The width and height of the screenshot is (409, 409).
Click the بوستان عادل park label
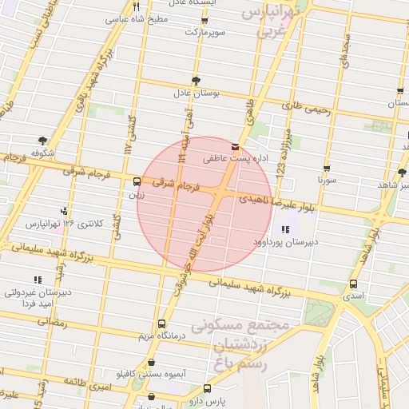[x=197, y=93]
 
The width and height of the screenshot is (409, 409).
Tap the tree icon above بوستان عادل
[x=197, y=80]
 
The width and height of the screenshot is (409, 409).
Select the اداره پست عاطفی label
[x=232, y=159]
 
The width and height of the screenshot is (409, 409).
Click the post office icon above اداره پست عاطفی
[x=234, y=147]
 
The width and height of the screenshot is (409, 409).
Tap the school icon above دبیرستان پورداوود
[x=285, y=229]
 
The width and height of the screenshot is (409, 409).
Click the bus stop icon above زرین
[x=137, y=181]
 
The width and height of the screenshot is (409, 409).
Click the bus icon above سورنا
[x=326, y=168]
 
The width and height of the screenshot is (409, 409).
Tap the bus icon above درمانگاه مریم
[x=161, y=324]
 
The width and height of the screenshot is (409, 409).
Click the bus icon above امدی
[x=354, y=284]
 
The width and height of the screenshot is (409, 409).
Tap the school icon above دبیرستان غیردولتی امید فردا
[x=37, y=280]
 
